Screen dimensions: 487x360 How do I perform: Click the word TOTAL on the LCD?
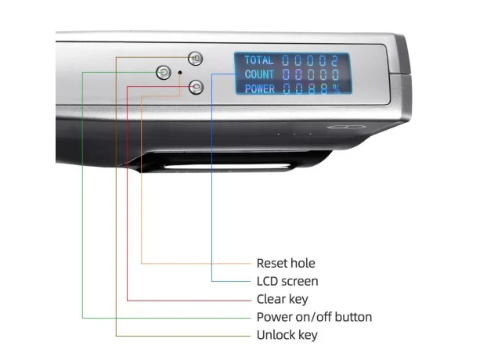[x=259, y=60]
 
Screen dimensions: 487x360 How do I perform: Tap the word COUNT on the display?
[x=259, y=74]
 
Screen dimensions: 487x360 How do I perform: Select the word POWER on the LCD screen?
[x=259, y=88]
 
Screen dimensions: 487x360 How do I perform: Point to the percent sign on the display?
[x=337, y=88]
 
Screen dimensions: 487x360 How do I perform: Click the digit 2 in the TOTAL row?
[x=334, y=60]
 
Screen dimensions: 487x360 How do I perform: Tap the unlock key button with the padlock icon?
[x=196, y=59]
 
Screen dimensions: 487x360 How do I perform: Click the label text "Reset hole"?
[x=286, y=263]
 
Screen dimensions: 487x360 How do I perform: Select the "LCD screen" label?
[x=287, y=281]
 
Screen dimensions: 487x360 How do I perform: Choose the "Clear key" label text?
[x=282, y=299]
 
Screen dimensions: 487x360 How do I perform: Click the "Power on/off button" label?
[x=314, y=317]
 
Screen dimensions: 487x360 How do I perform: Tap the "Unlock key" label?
[x=287, y=335]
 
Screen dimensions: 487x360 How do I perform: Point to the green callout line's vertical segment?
[x=82, y=196]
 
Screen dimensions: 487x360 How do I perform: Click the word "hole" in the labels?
[x=301, y=263]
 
